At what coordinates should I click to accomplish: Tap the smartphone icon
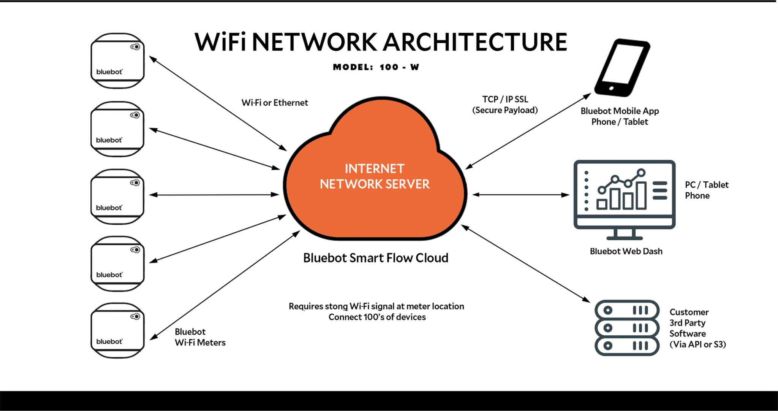pyautogui.click(x=621, y=68)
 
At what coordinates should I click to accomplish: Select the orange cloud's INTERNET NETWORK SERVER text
pyautogui.click(x=375, y=176)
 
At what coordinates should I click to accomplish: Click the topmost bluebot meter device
pyautogui.click(x=117, y=61)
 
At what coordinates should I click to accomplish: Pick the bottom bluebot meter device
pyautogui.click(x=117, y=330)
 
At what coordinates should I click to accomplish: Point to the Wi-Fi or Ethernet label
pyautogui.click(x=275, y=103)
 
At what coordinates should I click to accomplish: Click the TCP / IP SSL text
pyautogui.click(x=505, y=99)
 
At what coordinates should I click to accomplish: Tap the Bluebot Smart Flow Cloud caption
pyautogui.click(x=375, y=258)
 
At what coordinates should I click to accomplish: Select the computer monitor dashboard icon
pyautogui.click(x=624, y=199)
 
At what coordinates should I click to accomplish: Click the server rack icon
pyautogui.click(x=626, y=328)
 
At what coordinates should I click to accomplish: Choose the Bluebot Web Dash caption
pyautogui.click(x=626, y=251)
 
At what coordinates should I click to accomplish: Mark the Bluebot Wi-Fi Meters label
pyautogui.click(x=200, y=337)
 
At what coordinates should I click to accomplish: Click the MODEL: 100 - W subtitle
pyautogui.click(x=376, y=67)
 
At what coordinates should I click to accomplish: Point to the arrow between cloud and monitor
pyautogui.click(x=520, y=195)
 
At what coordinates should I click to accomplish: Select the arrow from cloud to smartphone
pyautogui.click(x=528, y=131)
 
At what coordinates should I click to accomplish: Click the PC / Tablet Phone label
pyautogui.click(x=707, y=190)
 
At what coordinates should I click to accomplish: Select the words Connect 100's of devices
pyautogui.click(x=377, y=317)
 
